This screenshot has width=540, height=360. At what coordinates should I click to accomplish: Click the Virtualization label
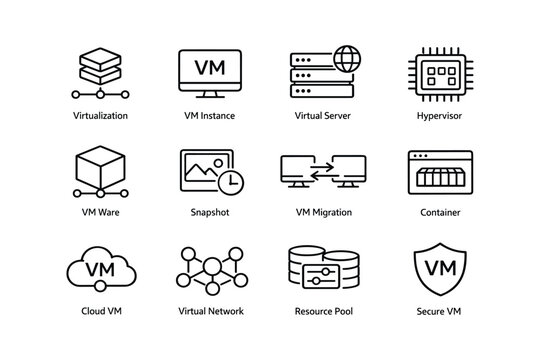pyautogui.click(x=100, y=116)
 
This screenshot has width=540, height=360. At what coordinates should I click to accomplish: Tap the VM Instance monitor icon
pyautogui.click(x=209, y=72)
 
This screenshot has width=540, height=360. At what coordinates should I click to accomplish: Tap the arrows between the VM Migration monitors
pyautogui.click(x=322, y=172)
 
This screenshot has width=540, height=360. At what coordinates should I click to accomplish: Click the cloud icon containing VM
pyautogui.click(x=100, y=269)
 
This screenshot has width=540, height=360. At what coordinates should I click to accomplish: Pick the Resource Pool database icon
pyautogui.click(x=322, y=268)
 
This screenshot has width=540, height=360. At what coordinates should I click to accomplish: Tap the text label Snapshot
pyautogui.click(x=209, y=213)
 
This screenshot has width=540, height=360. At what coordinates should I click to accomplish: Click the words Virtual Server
pyautogui.click(x=322, y=116)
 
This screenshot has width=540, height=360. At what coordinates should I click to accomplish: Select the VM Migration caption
pyautogui.click(x=322, y=213)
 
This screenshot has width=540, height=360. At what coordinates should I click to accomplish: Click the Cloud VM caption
pyautogui.click(x=100, y=311)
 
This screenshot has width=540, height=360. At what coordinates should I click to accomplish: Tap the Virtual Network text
pyautogui.click(x=209, y=311)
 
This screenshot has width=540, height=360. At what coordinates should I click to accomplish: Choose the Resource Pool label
pyautogui.click(x=322, y=311)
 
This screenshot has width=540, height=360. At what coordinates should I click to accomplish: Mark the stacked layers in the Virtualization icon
pyautogui.click(x=100, y=62)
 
